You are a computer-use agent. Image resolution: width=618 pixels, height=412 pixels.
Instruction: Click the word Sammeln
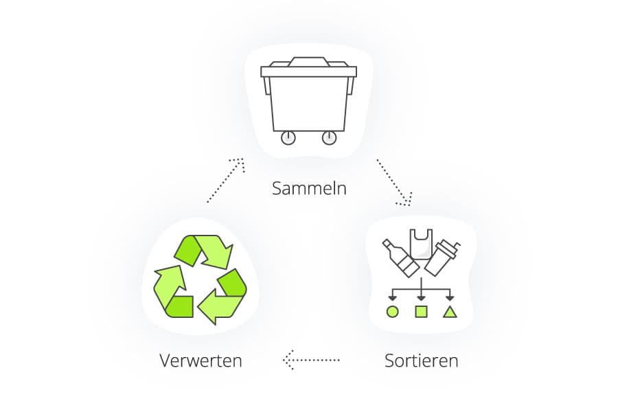[x=309, y=188]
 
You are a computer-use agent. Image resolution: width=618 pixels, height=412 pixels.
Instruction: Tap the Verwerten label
[x=201, y=360]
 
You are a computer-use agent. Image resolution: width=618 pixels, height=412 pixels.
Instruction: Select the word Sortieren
[x=422, y=360]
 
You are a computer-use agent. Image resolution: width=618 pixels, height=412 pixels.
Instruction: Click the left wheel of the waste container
[x=288, y=138]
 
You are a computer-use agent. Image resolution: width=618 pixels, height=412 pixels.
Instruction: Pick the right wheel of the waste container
[x=329, y=138]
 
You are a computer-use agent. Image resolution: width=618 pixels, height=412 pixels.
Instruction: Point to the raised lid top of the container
[x=308, y=62]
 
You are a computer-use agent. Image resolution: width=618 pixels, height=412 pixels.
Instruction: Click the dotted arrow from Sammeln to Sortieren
[x=393, y=182]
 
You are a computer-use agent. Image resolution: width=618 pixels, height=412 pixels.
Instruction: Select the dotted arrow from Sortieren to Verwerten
[x=311, y=360]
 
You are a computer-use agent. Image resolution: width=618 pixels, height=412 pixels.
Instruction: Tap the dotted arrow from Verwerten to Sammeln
[x=225, y=180]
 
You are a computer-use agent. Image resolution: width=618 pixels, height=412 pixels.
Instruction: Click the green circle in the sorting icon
[x=392, y=312]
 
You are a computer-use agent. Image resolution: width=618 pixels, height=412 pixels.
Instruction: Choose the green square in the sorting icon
[x=422, y=312]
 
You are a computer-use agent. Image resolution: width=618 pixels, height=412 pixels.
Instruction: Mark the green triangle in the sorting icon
[x=450, y=312]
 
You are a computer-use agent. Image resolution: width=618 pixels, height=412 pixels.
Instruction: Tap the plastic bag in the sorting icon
[x=421, y=244]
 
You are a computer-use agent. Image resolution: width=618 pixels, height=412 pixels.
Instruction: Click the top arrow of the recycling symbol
[x=204, y=251]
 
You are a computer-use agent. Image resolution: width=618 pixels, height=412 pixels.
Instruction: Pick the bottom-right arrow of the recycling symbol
[x=222, y=297]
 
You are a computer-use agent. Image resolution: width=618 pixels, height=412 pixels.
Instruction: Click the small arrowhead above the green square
[x=422, y=298]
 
